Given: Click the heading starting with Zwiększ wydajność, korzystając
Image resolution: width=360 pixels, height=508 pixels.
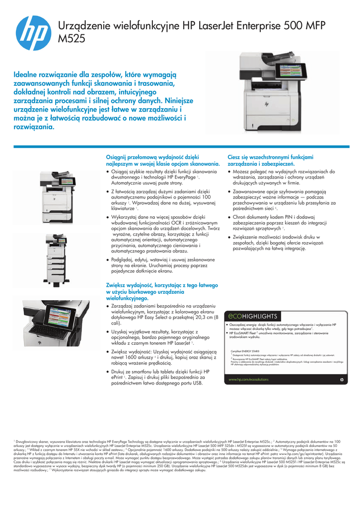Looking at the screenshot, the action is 162,292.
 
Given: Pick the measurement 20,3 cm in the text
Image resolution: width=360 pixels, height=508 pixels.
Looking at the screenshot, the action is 205,317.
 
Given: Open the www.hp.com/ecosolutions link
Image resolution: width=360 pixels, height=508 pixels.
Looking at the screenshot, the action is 248,380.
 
